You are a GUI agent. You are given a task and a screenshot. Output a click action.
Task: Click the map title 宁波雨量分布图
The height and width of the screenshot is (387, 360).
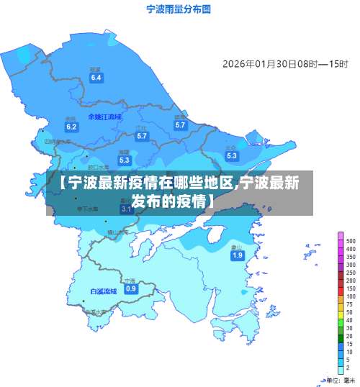click(178, 9)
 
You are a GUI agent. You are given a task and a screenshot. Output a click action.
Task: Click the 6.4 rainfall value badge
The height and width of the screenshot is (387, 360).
click(96, 78)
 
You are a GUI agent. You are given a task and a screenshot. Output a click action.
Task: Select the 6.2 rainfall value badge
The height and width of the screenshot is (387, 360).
click(71, 127)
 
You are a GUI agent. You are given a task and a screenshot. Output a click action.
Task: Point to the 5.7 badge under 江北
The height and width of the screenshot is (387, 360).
click(142, 136)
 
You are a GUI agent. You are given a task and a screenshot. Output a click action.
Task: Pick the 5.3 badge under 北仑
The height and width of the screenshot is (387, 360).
click(231, 155)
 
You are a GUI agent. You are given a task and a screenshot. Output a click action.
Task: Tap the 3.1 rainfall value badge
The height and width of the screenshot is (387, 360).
click(126, 209)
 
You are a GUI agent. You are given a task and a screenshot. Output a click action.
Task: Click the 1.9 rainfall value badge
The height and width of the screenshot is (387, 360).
click(237, 255)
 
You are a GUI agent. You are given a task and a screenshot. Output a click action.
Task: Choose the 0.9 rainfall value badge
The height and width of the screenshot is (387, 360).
click(130, 288)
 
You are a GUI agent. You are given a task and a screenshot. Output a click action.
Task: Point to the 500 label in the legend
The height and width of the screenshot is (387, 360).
click(351, 241)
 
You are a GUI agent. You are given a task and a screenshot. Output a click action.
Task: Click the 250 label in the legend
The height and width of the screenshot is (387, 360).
click(351, 273)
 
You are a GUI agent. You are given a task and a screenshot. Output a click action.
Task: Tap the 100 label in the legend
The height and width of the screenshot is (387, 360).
click(351, 296)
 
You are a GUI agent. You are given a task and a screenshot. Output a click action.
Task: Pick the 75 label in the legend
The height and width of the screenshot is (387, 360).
click(350, 305)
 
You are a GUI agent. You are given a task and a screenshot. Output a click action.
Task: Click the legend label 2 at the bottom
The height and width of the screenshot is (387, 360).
click(348, 368)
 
